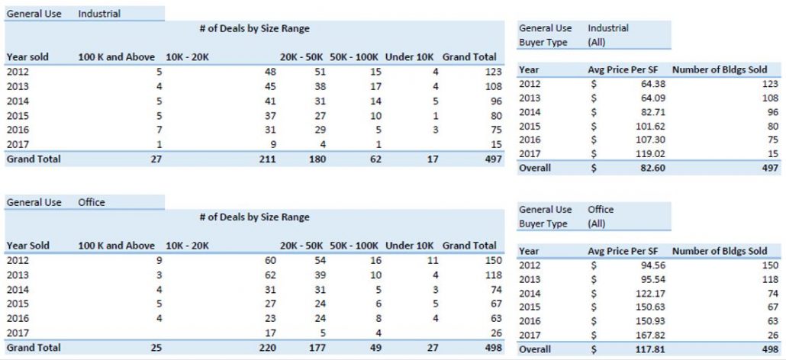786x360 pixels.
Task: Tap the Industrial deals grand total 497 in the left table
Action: (x=494, y=159)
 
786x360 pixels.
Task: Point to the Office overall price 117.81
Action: (x=653, y=349)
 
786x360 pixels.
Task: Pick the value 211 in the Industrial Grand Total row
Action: (x=268, y=159)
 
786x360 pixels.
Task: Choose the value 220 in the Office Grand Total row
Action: (x=268, y=348)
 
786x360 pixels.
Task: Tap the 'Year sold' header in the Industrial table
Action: (x=27, y=57)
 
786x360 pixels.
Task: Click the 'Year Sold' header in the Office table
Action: (x=28, y=246)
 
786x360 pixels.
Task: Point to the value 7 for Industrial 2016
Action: (x=159, y=130)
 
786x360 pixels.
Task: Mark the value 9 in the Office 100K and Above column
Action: (x=159, y=260)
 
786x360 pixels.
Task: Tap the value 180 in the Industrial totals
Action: (x=317, y=159)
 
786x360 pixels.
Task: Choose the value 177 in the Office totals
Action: (x=317, y=348)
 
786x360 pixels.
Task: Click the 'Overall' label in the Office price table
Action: (x=535, y=349)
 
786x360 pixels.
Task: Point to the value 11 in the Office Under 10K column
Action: (x=433, y=260)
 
